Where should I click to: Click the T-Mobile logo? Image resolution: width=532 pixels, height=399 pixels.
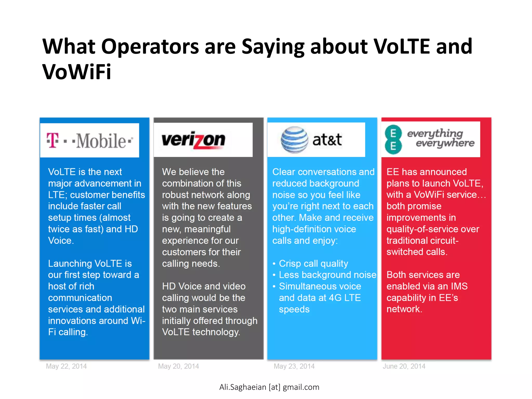point(90,141)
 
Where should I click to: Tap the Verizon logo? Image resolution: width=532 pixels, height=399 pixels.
point(194,140)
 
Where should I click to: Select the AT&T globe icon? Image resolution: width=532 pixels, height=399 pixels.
point(294,140)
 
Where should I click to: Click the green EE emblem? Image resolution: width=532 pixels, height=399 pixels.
point(393,140)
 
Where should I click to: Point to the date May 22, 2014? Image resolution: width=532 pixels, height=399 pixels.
point(66,366)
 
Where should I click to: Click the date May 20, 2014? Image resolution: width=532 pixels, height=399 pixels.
point(178,366)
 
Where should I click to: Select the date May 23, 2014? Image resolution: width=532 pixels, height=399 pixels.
point(294,366)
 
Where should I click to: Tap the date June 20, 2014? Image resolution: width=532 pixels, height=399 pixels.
point(404,366)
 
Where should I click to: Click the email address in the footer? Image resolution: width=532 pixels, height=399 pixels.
point(269,387)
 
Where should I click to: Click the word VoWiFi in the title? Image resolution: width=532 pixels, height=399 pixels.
point(77,72)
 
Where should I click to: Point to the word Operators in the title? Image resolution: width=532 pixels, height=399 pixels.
point(150,47)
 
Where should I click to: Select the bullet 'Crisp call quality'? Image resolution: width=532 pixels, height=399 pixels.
point(313,263)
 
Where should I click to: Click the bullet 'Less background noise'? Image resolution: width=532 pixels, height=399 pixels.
point(327,275)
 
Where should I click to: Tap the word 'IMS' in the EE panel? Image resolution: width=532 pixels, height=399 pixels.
point(459,286)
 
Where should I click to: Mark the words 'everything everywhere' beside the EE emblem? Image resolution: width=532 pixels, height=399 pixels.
point(441,138)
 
